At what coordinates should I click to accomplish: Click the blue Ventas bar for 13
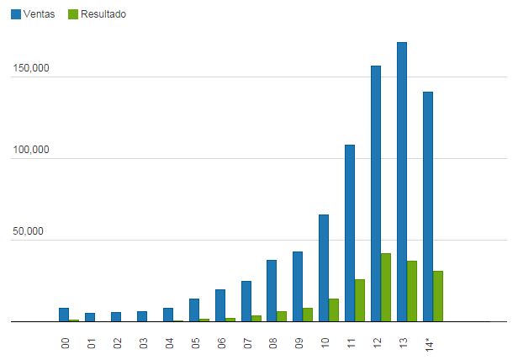pyautogui.click(x=402, y=182)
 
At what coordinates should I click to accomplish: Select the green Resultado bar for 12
pyautogui.click(x=386, y=287)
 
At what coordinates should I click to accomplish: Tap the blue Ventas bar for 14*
pyautogui.click(x=428, y=206)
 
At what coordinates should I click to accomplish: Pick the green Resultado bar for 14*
pyautogui.click(x=438, y=296)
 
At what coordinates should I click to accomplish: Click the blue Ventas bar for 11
pyautogui.click(x=350, y=233)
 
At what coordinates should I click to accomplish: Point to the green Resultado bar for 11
pyautogui.click(x=360, y=300)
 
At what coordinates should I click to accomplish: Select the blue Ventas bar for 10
pyautogui.click(x=324, y=267)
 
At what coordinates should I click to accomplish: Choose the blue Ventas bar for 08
pyautogui.click(x=272, y=290)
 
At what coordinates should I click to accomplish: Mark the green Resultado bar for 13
pyautogui.click(x=412, y=291)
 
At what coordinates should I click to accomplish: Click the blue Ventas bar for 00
pyautogui.click(x=64, y=315)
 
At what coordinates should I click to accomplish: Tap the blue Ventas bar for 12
pyautogui.click(x=376, y=193)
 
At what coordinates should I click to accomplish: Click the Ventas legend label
pyautogui.click(x=40, y=14)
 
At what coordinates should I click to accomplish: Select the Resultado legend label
pyautogui.click(x=103, y=14)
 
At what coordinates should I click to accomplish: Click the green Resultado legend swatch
pyautogui.click(x=72, y=14)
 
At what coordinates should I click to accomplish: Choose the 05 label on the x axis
pyautogui.click(x=195, y=343)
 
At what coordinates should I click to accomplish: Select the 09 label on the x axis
pyautogui.click(x=299, y=343)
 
